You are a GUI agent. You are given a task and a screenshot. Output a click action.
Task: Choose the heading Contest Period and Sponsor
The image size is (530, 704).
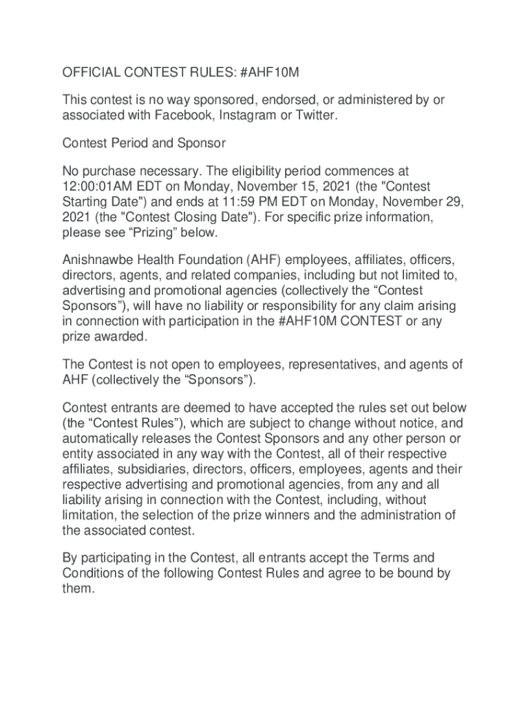[x=144, y=144]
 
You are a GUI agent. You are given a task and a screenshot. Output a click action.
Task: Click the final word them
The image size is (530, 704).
[x=76, y=588]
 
